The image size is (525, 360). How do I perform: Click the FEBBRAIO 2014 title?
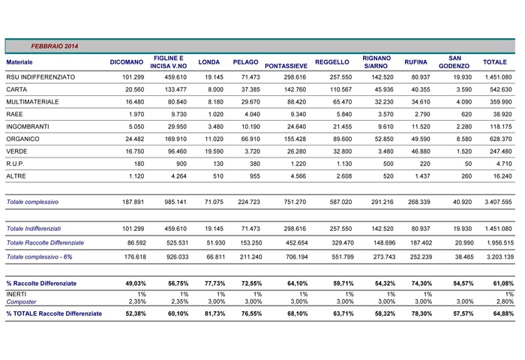tap(55, 46)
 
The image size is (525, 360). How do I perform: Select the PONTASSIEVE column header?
tap(286, 66)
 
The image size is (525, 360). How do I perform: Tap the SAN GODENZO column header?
tap(454, 62)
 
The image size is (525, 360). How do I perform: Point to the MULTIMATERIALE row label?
tap(32, 102)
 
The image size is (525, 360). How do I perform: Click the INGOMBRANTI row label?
tap(28, 127)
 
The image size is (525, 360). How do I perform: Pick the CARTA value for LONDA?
tap(216, 89)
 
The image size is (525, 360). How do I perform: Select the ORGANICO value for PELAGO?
tap(250, 139)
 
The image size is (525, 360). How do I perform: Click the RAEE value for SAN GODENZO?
tap(466, 114)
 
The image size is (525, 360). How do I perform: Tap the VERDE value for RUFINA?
tap(421, 151)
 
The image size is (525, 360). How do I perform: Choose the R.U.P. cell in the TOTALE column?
tap(504, 163)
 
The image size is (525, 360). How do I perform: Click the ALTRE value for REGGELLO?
tap(344, 176)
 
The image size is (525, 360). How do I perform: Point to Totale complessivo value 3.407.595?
tap(498, 202)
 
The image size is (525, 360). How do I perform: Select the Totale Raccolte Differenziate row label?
tap(45, 243)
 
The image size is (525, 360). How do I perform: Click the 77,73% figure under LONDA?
tap(215, 283)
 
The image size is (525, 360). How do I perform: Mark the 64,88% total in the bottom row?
tap(503, 313)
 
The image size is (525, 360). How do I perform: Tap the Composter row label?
tap(22, 301)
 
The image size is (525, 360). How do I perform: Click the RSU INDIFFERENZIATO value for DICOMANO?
tap(133, 77)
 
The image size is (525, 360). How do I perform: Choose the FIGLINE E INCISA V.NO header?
tap(169, 62)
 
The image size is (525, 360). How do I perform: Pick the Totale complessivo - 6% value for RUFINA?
tap(421, 256)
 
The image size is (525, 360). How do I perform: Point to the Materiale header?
tap(19, 62)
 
